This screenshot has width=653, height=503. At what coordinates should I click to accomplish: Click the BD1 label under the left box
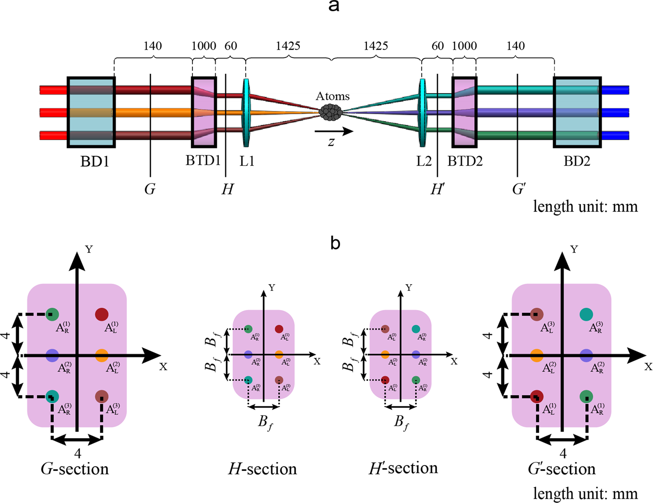pyautogui.click(x=94, y=162)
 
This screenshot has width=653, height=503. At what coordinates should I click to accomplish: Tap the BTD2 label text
pyautogui.click(x=465, y=161)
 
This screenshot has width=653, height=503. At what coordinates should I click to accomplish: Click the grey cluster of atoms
pyautogui.click(x=331, y=112)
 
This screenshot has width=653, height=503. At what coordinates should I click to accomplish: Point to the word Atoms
pyautogui.click(x=332, y=96)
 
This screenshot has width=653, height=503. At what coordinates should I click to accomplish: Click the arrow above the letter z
pyautogui.click(x=334, y=131)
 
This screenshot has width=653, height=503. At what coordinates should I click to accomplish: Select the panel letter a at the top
pyautogui.click(x=334, y=7)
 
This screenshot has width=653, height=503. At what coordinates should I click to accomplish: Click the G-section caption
pyautogui.click(x=75, y=469)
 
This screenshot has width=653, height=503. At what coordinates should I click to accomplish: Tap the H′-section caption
pyautogui.click(x=403, y=468)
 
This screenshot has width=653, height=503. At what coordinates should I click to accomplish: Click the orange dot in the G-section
pyautogui.click(x=101, y=355)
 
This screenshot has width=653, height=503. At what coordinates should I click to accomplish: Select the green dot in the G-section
pyautogui.click(x=52, y=314)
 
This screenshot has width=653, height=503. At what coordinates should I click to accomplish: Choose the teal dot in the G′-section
pyautogui.click(x=586, y=314)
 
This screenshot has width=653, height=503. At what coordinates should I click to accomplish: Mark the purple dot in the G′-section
pyautogui.click(x=586, y=355)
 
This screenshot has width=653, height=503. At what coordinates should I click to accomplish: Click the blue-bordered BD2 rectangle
pyautogui.click(x=577, y=112)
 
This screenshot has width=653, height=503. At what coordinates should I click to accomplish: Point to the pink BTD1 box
pyautogui.click(x=204, y=112)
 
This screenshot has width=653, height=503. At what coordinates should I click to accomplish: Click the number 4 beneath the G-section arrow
pyautogui.click(x=77, y=454)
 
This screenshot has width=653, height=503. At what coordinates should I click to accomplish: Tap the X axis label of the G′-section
pyautogui.click(x=648, y=367)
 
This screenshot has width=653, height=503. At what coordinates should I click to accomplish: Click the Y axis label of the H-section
pyautogui.click(x=272, y=288)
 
